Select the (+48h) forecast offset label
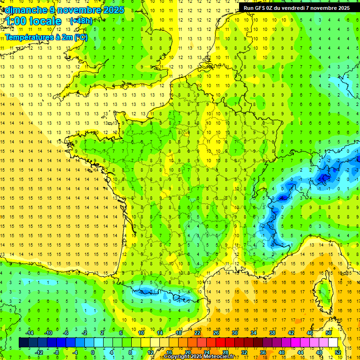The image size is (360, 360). [81, 21]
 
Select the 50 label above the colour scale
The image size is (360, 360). [329, 333]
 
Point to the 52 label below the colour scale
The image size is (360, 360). [338, 352]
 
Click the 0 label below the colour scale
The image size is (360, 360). [93, 352]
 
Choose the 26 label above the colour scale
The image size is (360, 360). [216, 333]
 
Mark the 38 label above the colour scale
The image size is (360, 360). [272, 333]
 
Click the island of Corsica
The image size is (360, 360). [323, 293]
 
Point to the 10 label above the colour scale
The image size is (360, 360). [141, 333]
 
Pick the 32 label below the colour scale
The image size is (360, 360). [244, 352]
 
